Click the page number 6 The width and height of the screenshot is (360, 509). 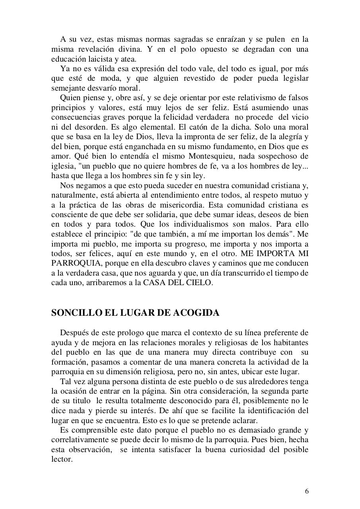pos(306,491)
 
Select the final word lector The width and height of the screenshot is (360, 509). pos(61,459)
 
